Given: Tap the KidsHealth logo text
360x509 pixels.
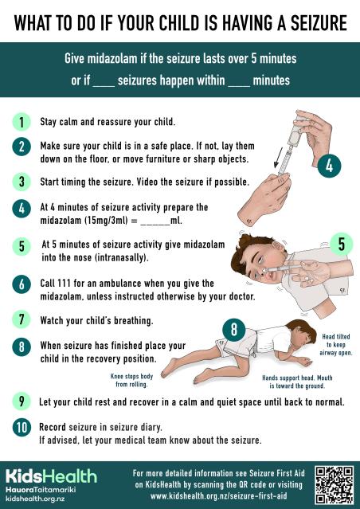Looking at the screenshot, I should pyautogui.click(x=51, y=476).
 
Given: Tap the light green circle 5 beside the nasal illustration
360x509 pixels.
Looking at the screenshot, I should pyautogui.click(x=340, y=244).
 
